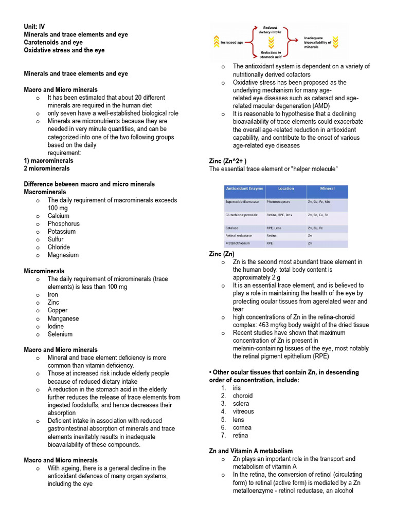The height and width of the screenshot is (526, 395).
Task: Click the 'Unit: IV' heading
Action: [x=34, y=27]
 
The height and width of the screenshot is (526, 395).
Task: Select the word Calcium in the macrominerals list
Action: [x=58, y=216]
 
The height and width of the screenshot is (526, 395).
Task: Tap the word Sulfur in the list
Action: [x=56, y=239]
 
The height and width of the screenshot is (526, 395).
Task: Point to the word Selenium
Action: [x=60, y=334]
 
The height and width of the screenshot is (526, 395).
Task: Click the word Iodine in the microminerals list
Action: [x=56, y=326]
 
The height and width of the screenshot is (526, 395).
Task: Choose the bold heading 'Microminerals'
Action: [x=44, y=271]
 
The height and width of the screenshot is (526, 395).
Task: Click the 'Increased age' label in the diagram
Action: [x=231, y=42]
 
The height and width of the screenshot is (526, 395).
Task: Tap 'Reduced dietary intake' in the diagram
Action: [x=270, y=30]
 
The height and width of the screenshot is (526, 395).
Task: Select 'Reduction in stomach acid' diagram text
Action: [x=270, y=55]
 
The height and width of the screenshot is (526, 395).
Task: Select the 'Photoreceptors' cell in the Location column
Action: [x=278, y=202]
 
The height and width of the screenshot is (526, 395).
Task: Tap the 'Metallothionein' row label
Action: [x=238, y=243]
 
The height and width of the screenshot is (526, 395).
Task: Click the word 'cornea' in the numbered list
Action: [x=242, y=427]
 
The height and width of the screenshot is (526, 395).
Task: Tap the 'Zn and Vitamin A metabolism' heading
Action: [x=251, y=451]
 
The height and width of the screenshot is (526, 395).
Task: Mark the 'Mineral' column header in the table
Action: [x=327, y=189]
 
